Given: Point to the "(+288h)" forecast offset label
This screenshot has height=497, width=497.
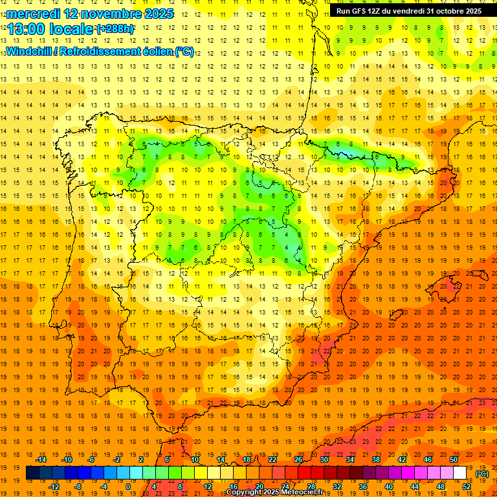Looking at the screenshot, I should coord(116,30).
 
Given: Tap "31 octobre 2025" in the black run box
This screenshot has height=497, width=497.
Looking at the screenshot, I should coord(454,11).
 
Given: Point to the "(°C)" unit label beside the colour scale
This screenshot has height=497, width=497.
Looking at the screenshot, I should coord(481,473).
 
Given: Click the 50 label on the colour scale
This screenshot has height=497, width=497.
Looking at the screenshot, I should coord(454,459).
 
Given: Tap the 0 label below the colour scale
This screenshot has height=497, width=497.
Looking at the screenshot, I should coord(128,487).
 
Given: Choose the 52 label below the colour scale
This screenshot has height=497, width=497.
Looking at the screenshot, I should coord(467,487).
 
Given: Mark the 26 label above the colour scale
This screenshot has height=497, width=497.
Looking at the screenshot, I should coord(298,459).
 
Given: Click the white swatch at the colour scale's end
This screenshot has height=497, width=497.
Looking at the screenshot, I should coord(460,473).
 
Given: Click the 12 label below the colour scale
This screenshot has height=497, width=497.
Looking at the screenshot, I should coord(208,487).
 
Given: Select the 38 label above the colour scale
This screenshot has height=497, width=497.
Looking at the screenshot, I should coord(376,459).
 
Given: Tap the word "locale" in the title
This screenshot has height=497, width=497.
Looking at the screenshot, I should coord(71,30).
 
